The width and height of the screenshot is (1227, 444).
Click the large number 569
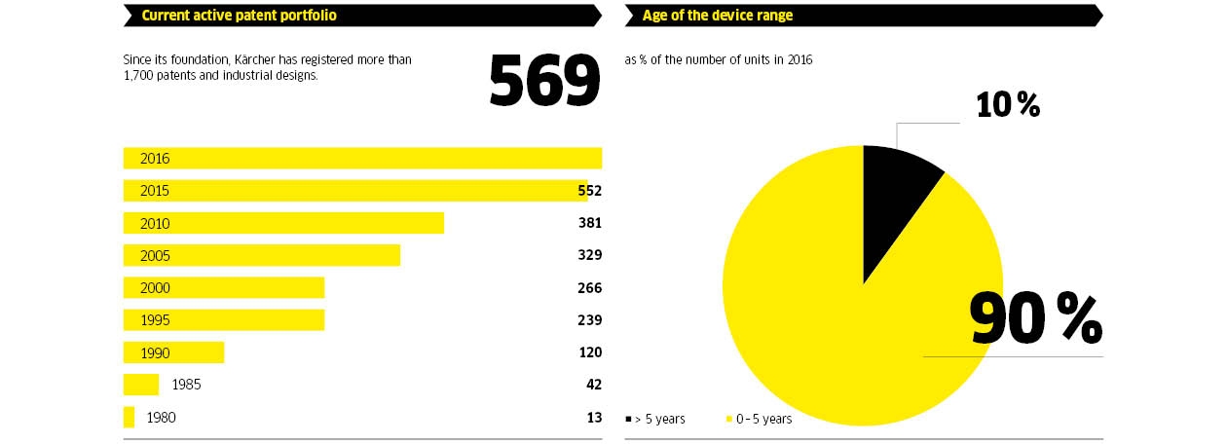[x=543, y=81]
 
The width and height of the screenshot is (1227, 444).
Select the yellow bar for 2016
[x=362, y=158]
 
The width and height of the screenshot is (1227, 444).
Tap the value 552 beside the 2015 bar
[x=589, y=191]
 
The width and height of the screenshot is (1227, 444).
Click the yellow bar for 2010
[x=283, y=223]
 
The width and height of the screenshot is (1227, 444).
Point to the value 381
[x=589, y=223]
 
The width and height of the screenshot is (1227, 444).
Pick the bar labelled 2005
[x=261, y=255]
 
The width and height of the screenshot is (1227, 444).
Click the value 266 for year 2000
[x=589, y=287]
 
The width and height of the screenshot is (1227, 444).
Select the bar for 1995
[x=223, y=319]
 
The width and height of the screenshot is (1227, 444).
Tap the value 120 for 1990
[x=589, y=351]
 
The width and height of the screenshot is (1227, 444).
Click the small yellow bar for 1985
[x=140, y=385]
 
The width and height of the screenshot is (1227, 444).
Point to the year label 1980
[x=162, y=417]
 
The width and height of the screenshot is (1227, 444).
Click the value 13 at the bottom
[x=594, y=417]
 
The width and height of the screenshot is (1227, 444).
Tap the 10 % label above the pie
[x=1008, y=104]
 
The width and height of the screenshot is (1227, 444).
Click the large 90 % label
[x=1034, y=317]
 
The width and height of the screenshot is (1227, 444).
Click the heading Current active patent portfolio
[x=240, y=15]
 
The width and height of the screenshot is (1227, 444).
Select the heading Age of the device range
[x=718, y=15]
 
